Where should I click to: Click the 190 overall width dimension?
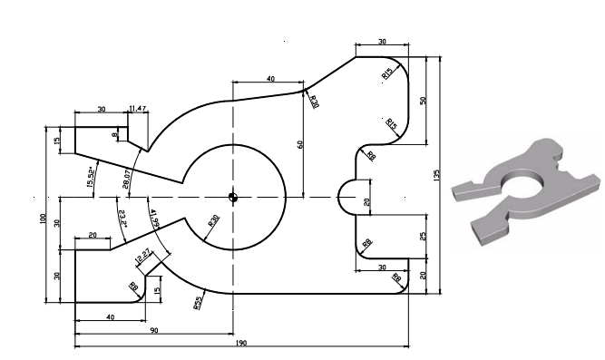[241, 343]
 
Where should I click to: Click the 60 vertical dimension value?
[300, 143]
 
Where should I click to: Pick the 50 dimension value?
[423, 99]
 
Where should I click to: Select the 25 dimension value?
[423, 237]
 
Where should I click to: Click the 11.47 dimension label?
[138, 109]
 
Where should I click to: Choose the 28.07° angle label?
[127, 178]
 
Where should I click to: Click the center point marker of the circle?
[233, 197]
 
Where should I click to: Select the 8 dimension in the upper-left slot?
[115, 135]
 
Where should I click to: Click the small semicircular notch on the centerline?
[348, 197]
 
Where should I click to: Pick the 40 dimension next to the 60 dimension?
[270, 80]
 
